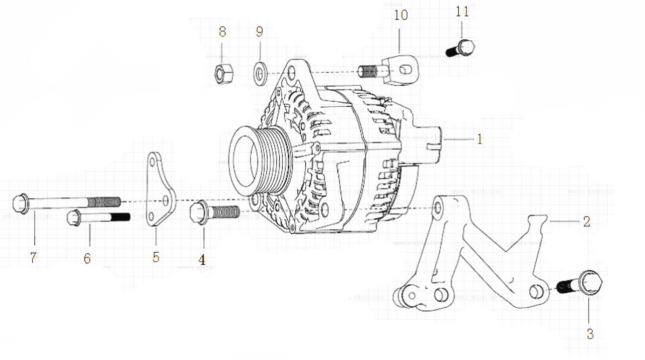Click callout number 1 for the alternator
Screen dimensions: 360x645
point(479,139)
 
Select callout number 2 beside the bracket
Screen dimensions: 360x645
point(587,221)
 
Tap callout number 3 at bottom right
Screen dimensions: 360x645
point(590,333)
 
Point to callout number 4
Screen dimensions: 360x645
point(202,260)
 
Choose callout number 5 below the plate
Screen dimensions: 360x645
point(156,257)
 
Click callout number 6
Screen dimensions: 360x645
point(87,258)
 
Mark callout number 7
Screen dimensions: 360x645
point(34,258)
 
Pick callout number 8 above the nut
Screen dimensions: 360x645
point(222,32)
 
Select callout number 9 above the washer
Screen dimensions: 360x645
point(259,32)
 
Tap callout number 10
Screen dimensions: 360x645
point(401,15)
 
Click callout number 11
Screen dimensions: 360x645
point(462,12)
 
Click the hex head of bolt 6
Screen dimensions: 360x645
point(74,218)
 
